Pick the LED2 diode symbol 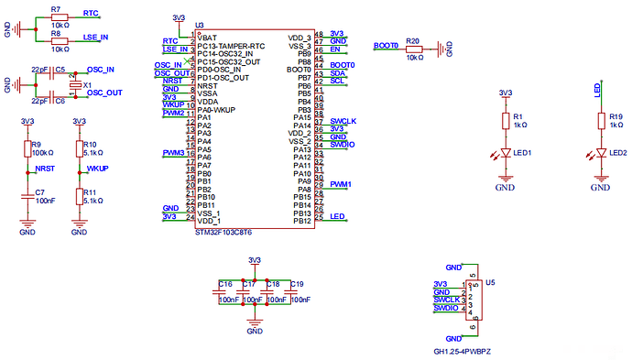[599, 152]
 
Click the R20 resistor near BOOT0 [412, 48]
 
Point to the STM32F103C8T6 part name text [225, 233]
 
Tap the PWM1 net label [340, 184]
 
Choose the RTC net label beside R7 [91, 14]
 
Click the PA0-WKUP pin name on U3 [218, 110]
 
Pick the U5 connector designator [491, 285]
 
